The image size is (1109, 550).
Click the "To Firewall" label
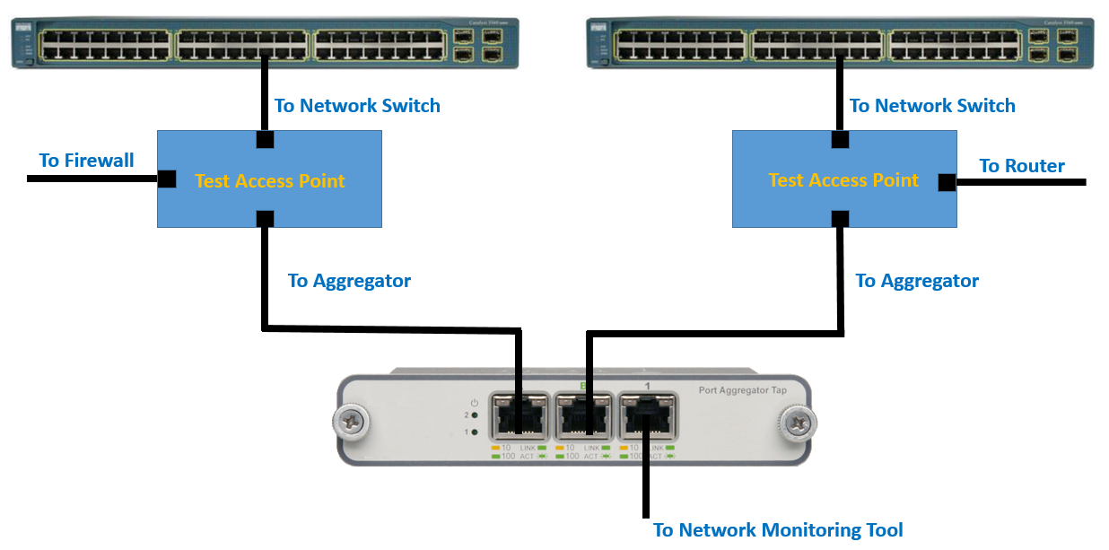coord(86,161)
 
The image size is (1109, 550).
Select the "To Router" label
coord(1021,166)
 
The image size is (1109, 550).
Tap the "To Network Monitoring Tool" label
coord(777,530)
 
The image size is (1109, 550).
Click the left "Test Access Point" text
coord(269,181)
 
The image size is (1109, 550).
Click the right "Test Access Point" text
coord(843,180)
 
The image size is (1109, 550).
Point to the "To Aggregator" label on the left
coord(349,281)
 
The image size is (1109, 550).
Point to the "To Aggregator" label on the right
coord(916,281)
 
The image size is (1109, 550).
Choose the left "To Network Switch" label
coord(357,106)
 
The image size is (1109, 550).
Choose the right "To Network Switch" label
coord(932,106)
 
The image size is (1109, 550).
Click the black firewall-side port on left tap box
coord(167,179)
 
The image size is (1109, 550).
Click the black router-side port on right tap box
coord(947,182)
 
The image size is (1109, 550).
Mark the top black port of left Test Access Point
coord(265,139)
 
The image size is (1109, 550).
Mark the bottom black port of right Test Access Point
coord(839,218)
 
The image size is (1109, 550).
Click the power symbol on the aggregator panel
coord(473,402)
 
